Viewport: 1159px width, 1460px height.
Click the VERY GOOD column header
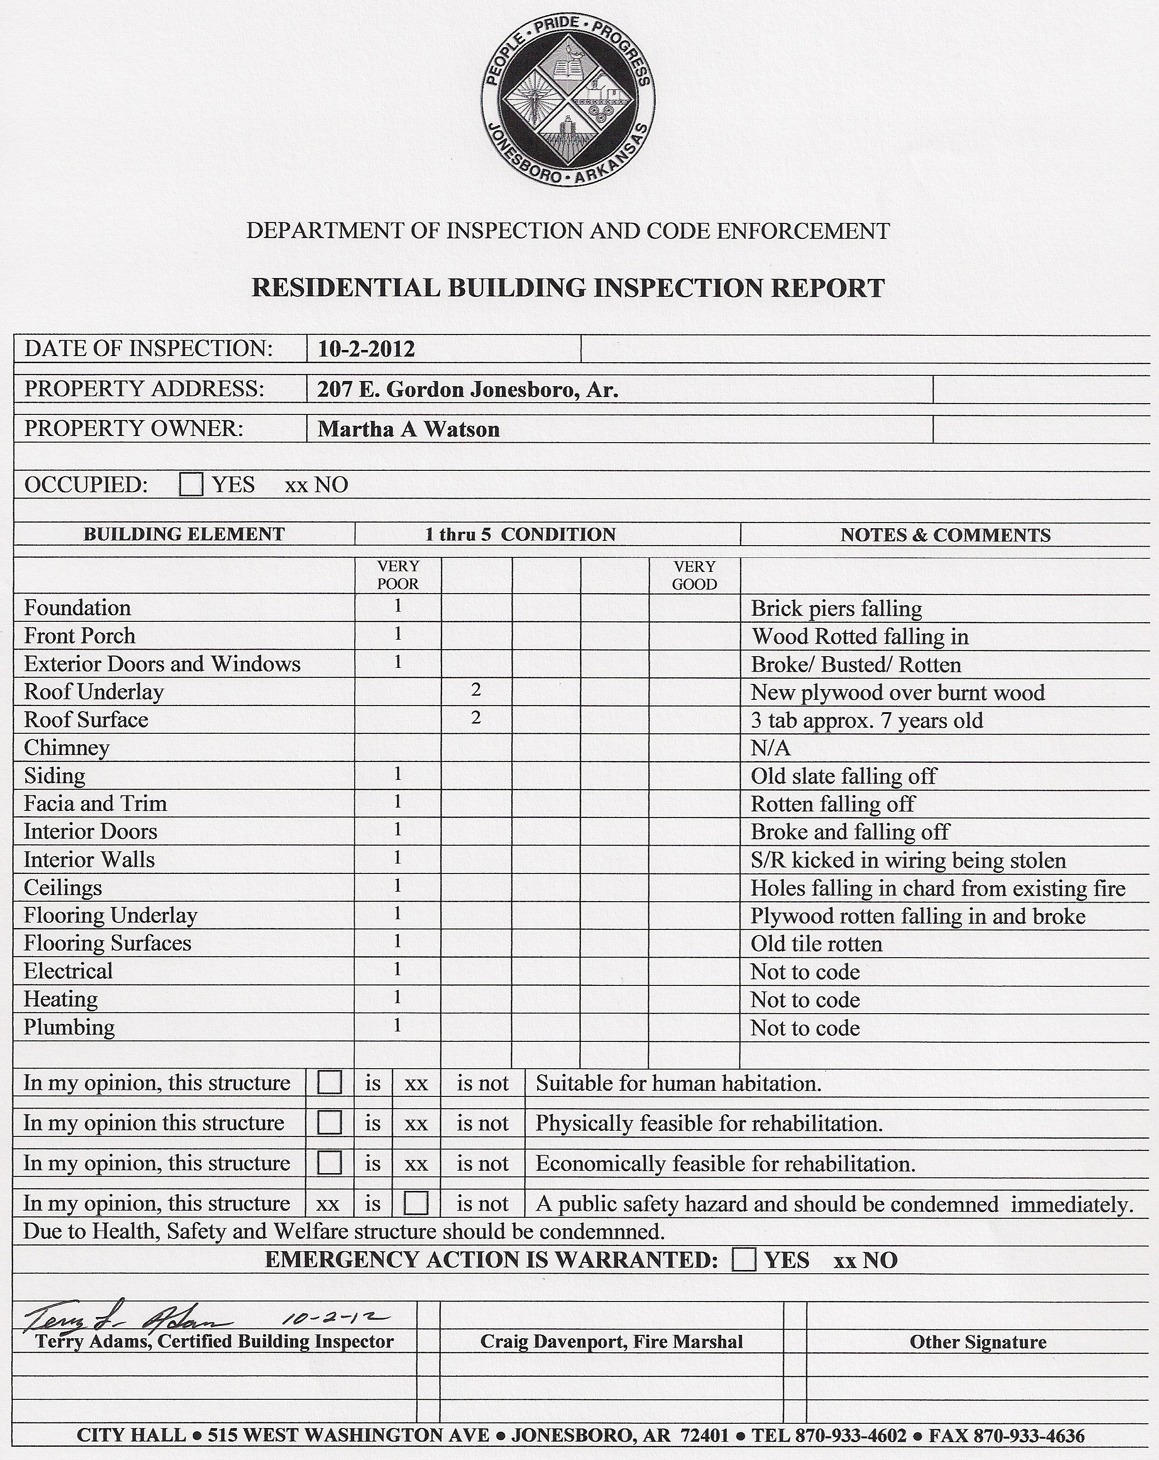click(694, 575)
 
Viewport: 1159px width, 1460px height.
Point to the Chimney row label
click(66, 747)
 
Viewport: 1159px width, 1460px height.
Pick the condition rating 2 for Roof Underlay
click(476, 690)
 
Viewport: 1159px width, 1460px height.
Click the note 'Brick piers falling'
click(836, 608)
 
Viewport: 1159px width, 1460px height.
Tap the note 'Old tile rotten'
click(816, 944)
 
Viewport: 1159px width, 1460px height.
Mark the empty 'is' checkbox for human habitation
click(329, 1082)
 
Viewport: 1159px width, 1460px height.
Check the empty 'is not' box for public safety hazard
click(416, 1203)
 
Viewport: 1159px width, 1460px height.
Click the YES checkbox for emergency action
click(744, 1260)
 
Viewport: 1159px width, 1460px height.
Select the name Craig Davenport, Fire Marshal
click(611, 1341)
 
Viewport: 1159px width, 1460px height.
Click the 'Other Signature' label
click(977, 1342)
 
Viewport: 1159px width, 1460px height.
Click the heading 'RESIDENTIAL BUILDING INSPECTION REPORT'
click(568, 288)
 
